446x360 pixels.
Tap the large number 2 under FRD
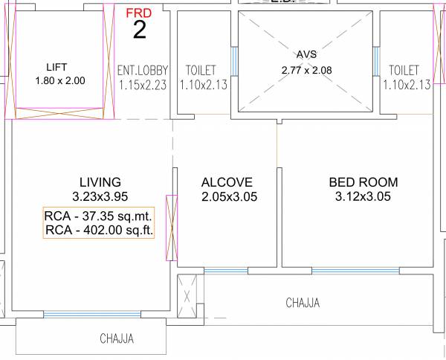(139, 30)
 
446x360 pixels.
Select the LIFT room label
(56, 67)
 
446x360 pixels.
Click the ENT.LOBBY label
(143, 71)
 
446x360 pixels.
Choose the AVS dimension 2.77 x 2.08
(306, 70)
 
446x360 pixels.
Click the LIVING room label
(100, 182)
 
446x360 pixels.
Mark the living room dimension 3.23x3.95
(100, 197)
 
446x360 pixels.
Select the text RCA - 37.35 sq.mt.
(99, 216)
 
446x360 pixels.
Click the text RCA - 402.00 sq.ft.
(99, 231)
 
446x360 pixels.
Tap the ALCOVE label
(227, 182)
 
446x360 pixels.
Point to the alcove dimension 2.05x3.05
(227, 197)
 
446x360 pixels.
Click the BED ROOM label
(363, 182)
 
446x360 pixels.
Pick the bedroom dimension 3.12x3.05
(363, 197)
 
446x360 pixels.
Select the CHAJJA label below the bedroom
(303, 303)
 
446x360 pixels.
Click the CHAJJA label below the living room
(117, 339)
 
